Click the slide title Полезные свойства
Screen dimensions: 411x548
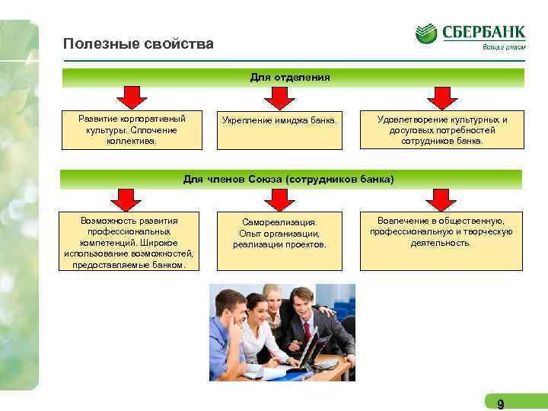(x=139, y=44)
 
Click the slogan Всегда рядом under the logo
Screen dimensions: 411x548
(x=503, y=47)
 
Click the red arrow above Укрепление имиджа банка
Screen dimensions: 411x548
(x=278, y=98)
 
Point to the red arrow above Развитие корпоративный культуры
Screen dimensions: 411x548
(x=132, y=98)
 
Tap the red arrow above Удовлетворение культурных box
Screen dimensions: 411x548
(x=441, y=98)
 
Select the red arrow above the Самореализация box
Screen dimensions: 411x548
(x=278, y=199)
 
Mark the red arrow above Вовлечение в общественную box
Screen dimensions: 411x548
(x=441, y=199)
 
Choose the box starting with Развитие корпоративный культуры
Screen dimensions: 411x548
(x=132, y=129)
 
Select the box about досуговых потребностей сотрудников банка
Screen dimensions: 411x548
(x=441, y=130)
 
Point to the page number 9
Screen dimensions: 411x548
(x=500, y=403)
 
